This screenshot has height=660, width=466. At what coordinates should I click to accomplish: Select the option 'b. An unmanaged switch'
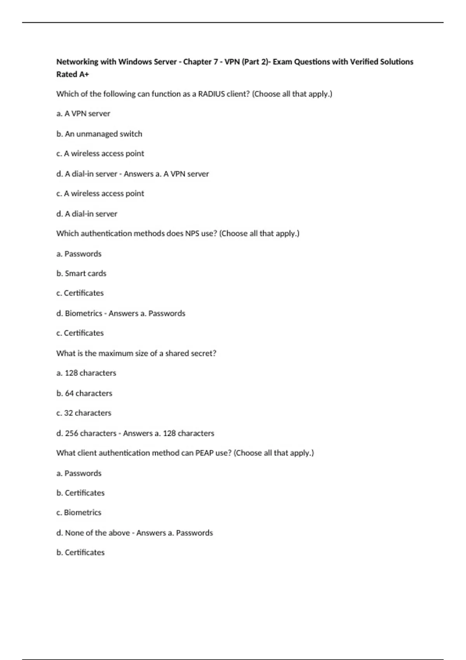tap(99, 134)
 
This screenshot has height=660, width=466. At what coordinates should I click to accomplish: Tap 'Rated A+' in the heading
tap(73, 74)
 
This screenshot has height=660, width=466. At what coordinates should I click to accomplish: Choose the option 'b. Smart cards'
tap(81, 273)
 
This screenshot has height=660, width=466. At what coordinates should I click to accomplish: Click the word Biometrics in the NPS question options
tap(83, 313)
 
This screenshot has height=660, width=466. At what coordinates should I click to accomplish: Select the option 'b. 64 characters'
tap(84, 393)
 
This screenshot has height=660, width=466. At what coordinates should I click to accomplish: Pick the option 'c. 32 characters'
tap(83, 413)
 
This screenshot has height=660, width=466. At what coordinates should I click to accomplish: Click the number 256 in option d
tap(71, 433)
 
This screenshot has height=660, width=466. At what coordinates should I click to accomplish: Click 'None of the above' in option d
tap(97, 533)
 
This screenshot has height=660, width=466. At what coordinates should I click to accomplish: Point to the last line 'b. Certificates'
tap(80, 552)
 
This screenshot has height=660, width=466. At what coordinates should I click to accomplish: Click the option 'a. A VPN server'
tap(83, 114)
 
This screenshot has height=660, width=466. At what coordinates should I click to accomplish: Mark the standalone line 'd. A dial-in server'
tap(87, 214)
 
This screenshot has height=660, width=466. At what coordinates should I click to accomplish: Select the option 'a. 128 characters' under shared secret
tap(86, 373)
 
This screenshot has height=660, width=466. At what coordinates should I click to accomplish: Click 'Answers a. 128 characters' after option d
tap(169, 433)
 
